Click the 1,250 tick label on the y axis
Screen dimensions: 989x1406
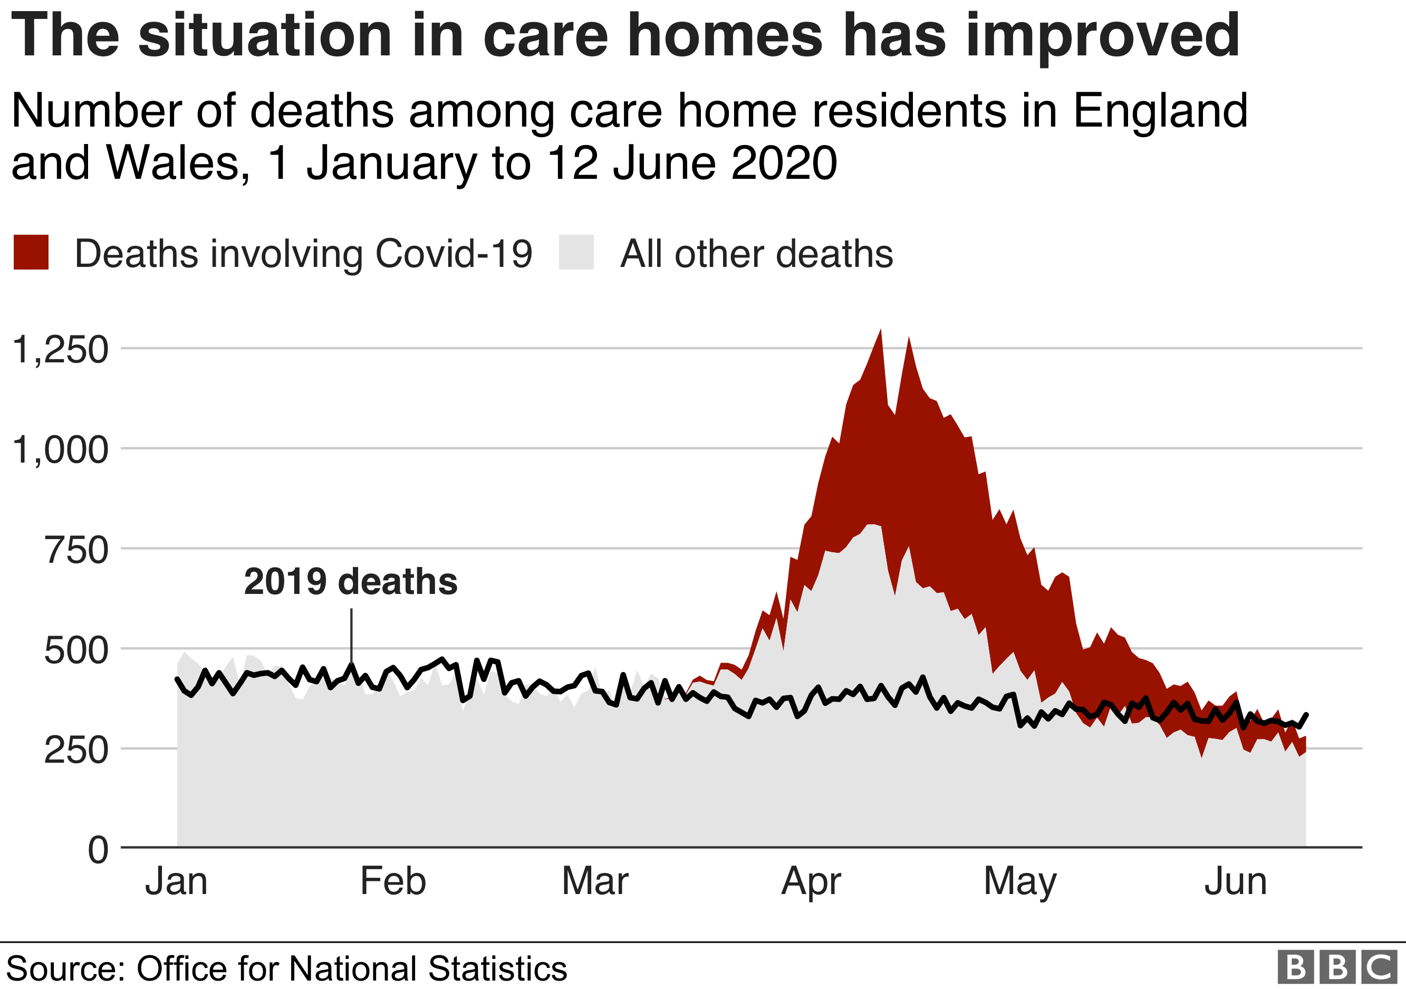click(x=60, y=350)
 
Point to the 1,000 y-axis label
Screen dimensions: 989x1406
click(x=60, y=449)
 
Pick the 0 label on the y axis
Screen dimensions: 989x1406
click(x=98, y=849)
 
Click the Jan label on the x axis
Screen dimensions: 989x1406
click(x=176, y=881)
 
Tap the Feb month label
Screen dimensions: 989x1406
click(x=392, y=881)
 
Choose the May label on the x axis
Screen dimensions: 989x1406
click(x=1019, y=882)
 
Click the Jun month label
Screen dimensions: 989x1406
click(x=1235, y=881)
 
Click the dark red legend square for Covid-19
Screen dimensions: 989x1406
click(x=31, y=252)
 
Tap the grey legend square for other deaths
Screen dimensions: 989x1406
click(x=576, y=252)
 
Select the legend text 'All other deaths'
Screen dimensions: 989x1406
click(x=756, y=254)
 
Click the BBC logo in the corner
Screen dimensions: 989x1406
click(x=1337, y=967)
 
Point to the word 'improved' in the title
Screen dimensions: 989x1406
click(x=1102, y=37)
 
